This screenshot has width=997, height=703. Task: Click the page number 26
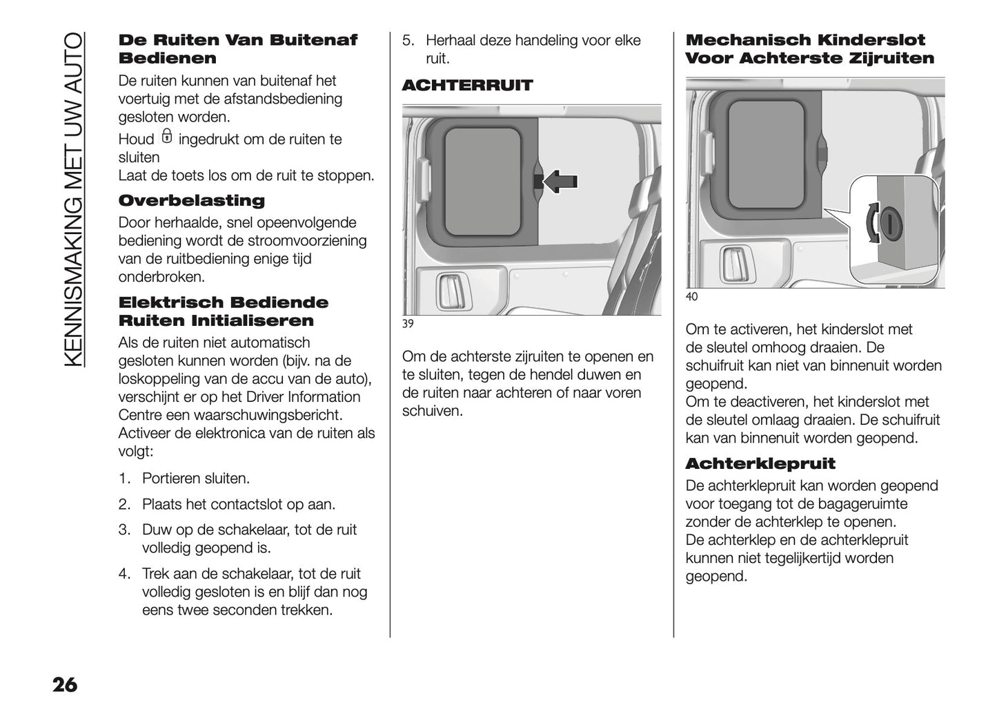(64, 684)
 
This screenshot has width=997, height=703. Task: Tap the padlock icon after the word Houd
(166, 137)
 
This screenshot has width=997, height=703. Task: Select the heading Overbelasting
(191, 201)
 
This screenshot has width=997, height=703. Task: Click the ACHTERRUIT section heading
(467, 86)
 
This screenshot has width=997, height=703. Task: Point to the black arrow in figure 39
(560, 181)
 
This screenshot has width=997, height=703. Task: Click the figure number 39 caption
(408, 325)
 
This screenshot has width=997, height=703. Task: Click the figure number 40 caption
(691, 297)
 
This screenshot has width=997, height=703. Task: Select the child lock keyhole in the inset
(891, 223)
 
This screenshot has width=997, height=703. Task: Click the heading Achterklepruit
(760, 464)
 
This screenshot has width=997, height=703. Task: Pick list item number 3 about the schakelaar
(249, 539)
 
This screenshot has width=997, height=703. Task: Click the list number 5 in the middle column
(408, 41)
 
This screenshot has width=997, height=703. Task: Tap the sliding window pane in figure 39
(482, 181)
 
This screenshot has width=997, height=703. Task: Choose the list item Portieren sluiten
(196, 479)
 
